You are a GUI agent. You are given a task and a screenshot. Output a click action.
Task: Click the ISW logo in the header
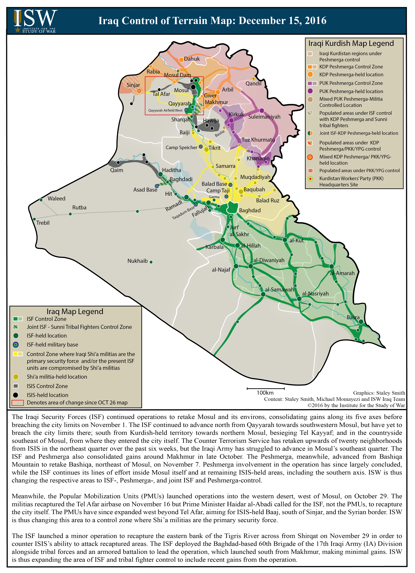tap(35, 21)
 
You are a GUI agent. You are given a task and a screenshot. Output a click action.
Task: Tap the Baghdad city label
tap(250, 210)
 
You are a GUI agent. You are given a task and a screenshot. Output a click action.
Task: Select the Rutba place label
tap(79, 208)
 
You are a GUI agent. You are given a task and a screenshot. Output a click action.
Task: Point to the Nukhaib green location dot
tap(151, 262)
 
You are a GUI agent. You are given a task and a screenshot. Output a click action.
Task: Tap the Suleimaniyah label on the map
tap(264, 117)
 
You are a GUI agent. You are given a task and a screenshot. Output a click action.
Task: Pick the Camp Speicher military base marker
tap(201, 146)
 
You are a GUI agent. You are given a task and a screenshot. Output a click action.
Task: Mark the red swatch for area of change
tap(18, 403)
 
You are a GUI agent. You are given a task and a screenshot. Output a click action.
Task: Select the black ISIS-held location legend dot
tap(16, 395)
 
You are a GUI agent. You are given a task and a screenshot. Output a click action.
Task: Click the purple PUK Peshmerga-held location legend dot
tap(310, 91)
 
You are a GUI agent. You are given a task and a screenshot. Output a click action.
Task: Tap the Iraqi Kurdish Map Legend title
tap(351, 43)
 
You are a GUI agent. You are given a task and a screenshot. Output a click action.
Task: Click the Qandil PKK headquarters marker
tap(254, 79)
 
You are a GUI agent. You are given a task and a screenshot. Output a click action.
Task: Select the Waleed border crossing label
tap(56, 199)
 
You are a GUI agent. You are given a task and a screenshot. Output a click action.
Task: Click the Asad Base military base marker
tap(157, 186)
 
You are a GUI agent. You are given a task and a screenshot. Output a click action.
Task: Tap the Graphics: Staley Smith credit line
tap(379, 393)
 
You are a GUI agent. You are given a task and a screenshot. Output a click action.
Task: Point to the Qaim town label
tap(117, 170)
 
